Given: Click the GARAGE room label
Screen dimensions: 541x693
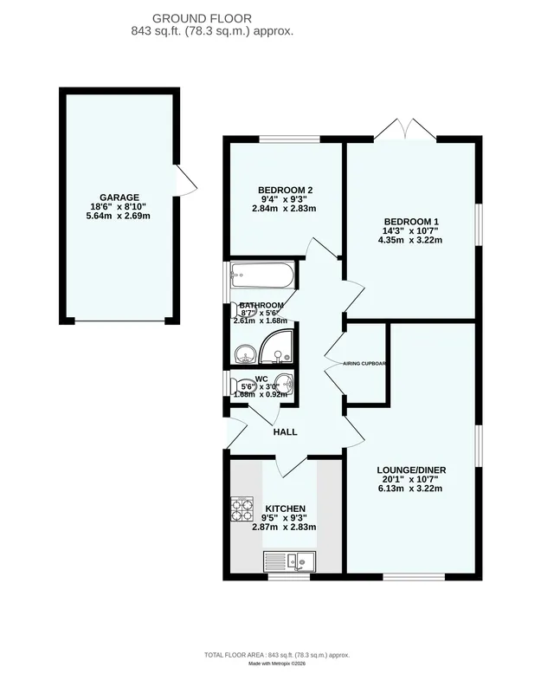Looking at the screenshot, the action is (x=119, y=198).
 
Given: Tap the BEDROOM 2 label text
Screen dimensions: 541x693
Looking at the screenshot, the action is (x=286, y=190).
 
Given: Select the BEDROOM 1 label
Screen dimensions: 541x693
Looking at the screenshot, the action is (x=411, y=222).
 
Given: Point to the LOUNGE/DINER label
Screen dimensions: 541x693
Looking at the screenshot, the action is (x=411, y=470).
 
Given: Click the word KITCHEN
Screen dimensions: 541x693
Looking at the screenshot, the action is (x=286, y=508).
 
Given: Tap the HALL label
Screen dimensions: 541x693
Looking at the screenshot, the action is (x=286, y=431).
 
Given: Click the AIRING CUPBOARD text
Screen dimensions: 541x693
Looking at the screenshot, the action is (x=364, y=364).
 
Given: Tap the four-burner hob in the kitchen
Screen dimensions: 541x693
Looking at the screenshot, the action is (x=242, y=508).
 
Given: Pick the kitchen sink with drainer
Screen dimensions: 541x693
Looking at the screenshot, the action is (x=290, y=561).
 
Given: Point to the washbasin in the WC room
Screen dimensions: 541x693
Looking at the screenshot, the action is (x=284, y=383).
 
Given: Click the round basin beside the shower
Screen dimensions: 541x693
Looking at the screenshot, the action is (x=245, y=354).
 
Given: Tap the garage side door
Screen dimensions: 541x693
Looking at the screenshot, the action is (x=185, y=180).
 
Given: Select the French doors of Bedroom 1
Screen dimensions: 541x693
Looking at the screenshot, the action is (x=405, y=129).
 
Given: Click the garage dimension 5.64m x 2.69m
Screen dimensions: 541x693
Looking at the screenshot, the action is (x=119, y=216).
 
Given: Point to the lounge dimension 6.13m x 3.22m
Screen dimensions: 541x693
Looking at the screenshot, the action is (x=411, y=489).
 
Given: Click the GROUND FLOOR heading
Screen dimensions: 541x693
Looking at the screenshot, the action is (x=202, y=18).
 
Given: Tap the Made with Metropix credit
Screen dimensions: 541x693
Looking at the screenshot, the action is (x=277, y=664).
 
